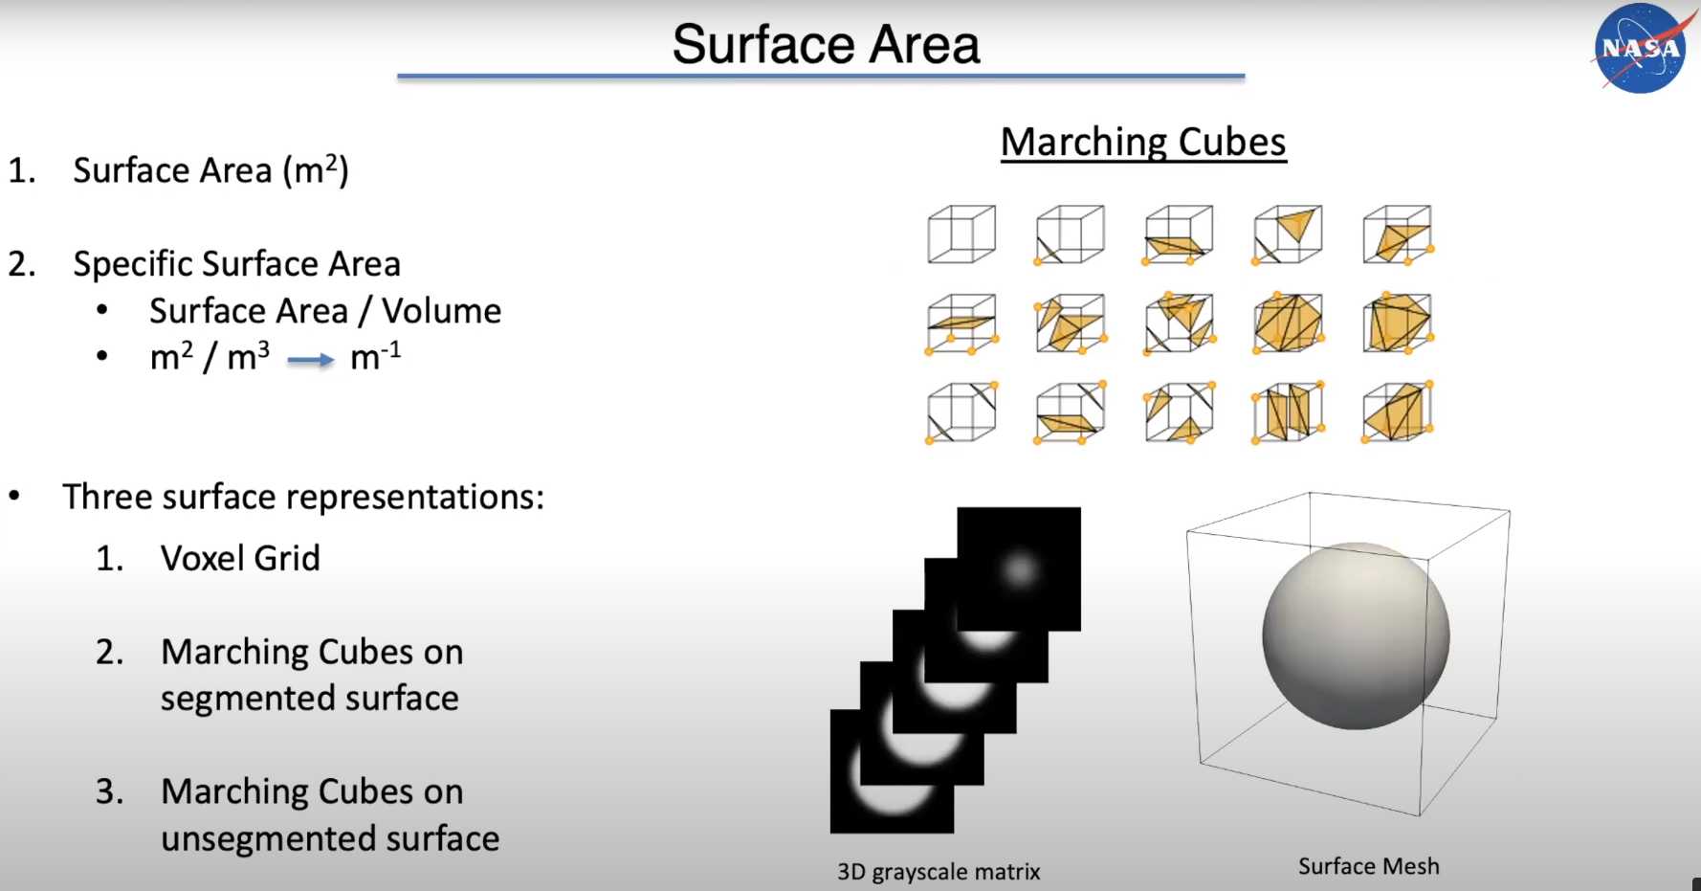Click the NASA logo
pyautogui.click(x=1639, y=48)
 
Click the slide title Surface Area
pyautogui.click(x=826, y=44)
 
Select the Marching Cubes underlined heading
pyautogui.click(x=1143, y=142)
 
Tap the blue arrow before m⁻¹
pyautogui.click(x=311, y=360)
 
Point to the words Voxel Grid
pyautogui.click(x=240, y=558)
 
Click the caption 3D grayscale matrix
pyautogui.click(x=939, y=872)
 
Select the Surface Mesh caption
pyautogui.click(x=1368, y=866)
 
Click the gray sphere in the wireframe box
pyautogui.click(x=1356, y=635)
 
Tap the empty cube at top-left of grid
pyautogui.click(x=961, y=234)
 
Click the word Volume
pyautogui.click(x=441, y=311)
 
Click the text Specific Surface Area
pyautogui.click(x=237, y=263)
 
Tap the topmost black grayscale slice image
pyautogui.click(x=1019, y=568)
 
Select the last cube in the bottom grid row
pyautogui.click(x=1397, y=412)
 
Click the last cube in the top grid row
pyautogui.click(x=1397, y=234)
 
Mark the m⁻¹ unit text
pyautogui.click(x=375, y=355)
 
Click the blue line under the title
pyautogui.click(x=821, y=76)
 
